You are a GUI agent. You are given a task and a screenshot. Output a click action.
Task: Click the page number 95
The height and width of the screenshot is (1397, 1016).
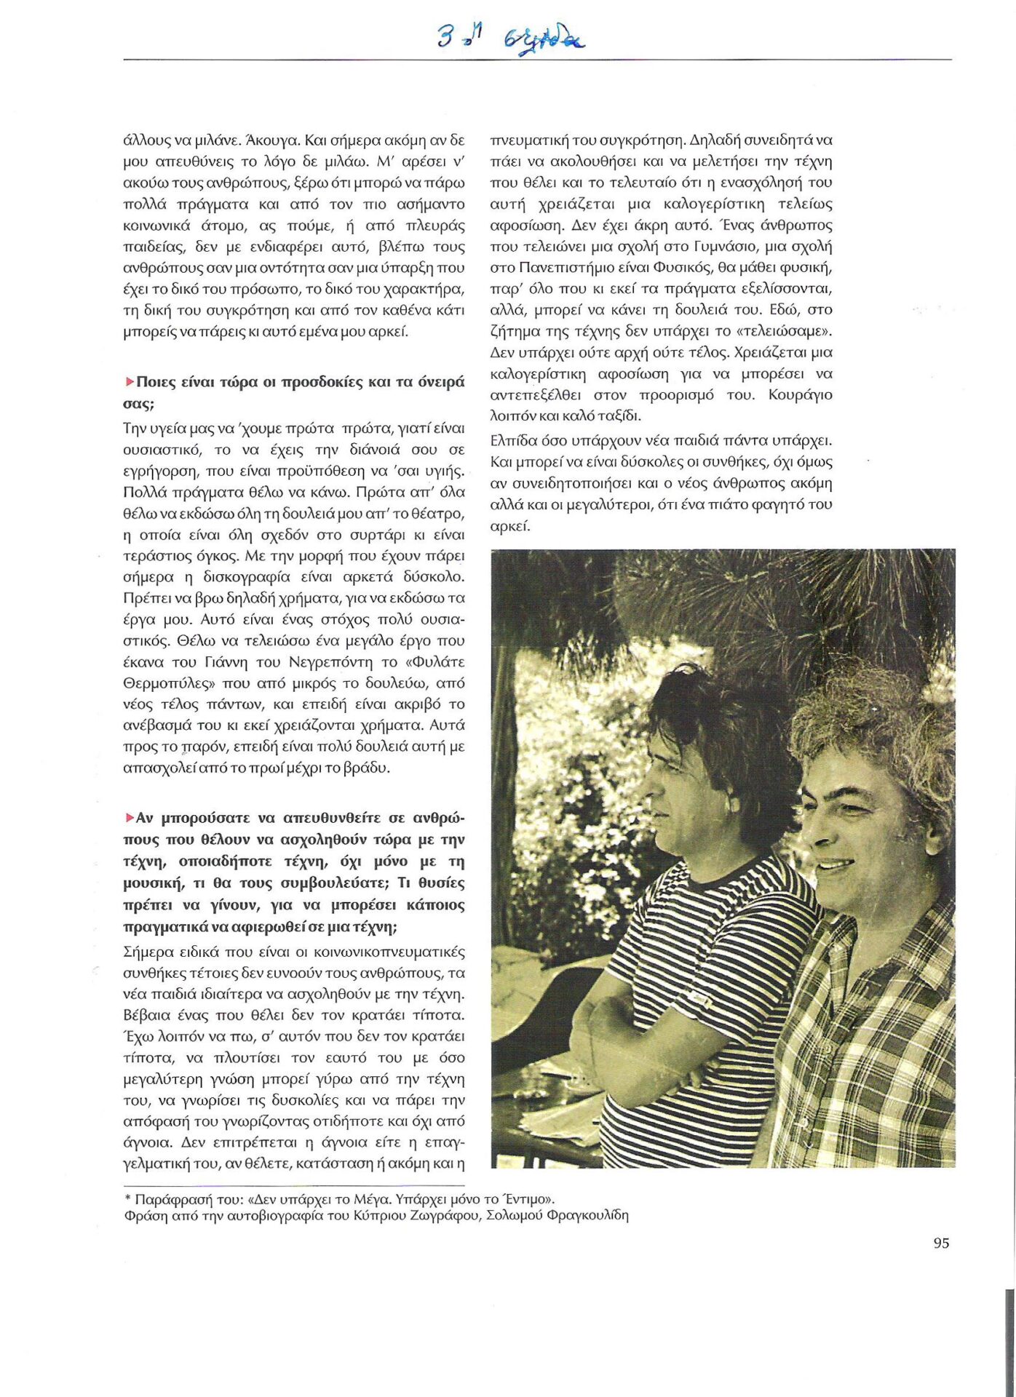(941, 1243)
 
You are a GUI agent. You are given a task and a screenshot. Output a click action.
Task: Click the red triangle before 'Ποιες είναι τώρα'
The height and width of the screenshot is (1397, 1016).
(130, 381)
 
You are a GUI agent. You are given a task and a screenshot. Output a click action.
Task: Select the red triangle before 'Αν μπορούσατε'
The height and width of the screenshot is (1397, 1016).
(130, 818)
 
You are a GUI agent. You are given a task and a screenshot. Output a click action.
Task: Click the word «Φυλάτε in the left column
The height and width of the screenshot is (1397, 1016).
(435, 662)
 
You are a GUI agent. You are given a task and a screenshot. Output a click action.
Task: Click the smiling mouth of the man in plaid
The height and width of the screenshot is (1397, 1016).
(835, 864)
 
